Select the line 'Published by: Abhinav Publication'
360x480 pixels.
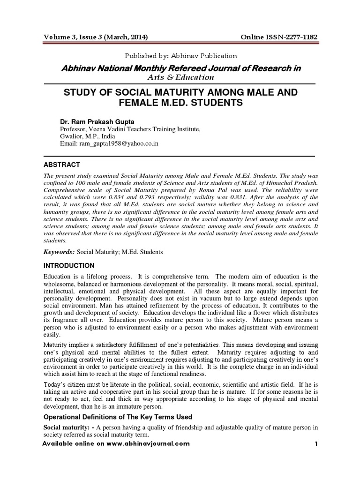pos(180,56)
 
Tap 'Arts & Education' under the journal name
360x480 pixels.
pos(180,77)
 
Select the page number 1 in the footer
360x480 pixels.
pos(316,444)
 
